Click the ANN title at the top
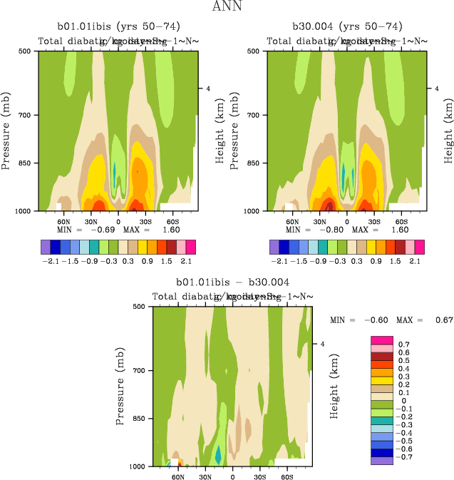pos(227,7)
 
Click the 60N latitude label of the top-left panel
pos(63,221)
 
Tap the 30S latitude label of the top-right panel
pos(374,221)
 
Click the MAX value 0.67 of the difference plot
pos(444,320)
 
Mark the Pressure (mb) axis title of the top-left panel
pos(6,131)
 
